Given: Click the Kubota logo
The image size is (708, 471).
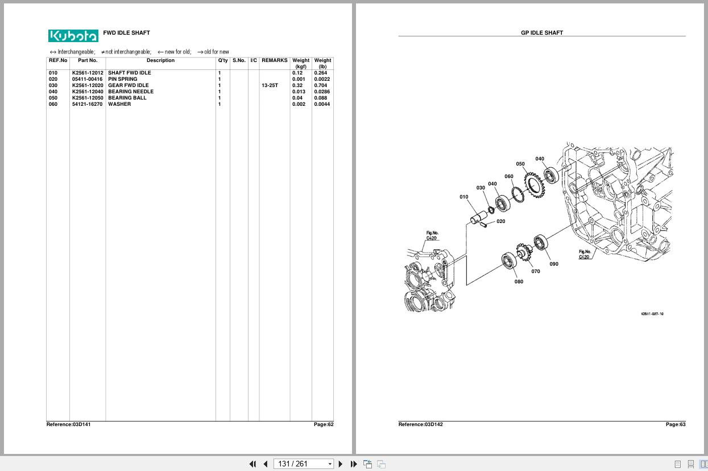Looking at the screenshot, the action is pyautogui.click(x=73, y=36).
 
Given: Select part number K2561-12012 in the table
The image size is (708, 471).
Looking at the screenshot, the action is pyautogui.click(x=88, y=73).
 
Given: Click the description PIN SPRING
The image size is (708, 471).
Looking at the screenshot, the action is pyautogui.click(x=123, y=79).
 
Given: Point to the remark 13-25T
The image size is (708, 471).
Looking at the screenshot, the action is pyautogui.click(x=270, y=85).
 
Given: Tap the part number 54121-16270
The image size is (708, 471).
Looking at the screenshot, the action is pyautogui.click(x=87, y=104).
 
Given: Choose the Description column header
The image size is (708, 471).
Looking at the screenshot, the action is pyautogui.click(x=160, y=60).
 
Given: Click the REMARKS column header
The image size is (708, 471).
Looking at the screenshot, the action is pyautogui.click(x=274, y=60).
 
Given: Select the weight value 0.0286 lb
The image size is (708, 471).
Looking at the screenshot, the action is pyautogui.click(x=322, y=92).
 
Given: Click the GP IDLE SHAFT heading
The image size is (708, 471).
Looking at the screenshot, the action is pyautogui.click(x=542, y=32).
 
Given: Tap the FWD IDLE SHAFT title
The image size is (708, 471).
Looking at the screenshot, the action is pyautogui.click(x=126, y=32).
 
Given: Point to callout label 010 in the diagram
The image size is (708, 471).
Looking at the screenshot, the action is pyautogui.click(x=463, y=197).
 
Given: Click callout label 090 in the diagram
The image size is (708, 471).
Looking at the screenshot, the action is pyautogui.click(x=554, y=264).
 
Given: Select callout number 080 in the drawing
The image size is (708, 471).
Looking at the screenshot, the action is pyautogui.click(x=519, y=282).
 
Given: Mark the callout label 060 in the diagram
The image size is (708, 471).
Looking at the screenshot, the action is pyautogui.click(x=509, y=176).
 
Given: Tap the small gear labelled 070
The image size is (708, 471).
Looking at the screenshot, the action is pyautogui.click(x=524, y=251).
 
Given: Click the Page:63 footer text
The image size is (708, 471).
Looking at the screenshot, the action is pyautogui.click(x=676, y=424).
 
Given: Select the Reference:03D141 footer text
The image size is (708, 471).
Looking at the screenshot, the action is pyautogui.click(x=68, y=424).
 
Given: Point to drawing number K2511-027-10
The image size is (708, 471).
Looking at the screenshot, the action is pyautogui.click(x=652, y=314).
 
